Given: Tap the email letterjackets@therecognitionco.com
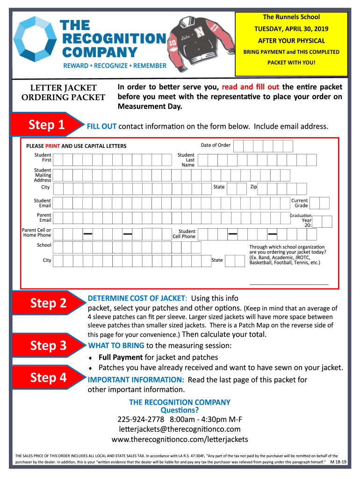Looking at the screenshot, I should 180,429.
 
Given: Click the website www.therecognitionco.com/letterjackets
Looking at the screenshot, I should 180,439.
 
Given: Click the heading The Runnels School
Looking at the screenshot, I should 291,17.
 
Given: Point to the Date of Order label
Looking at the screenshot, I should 216,145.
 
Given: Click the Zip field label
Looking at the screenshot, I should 253,187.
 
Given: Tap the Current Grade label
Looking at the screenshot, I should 299,203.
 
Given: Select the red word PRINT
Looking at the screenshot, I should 52,146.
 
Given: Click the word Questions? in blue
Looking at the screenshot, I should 180,410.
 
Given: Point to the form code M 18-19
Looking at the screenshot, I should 338,461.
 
